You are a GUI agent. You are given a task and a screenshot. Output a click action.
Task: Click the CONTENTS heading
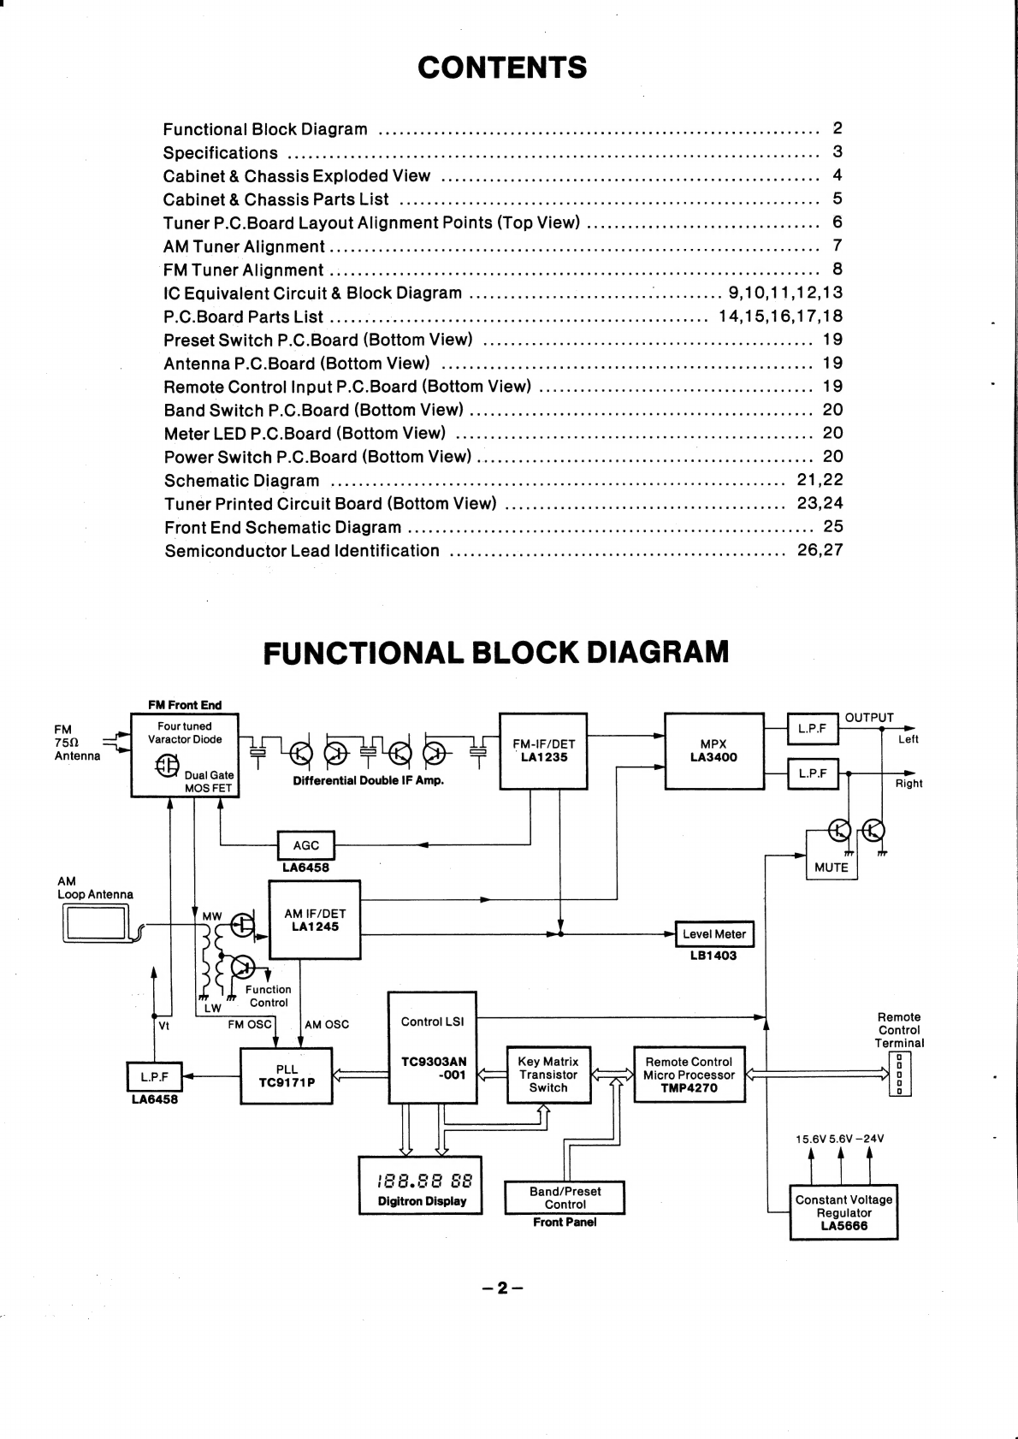point(502,68)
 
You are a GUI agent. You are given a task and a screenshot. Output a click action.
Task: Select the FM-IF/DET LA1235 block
point(543,751)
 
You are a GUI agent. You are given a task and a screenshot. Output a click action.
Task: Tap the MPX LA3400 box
point(714,751)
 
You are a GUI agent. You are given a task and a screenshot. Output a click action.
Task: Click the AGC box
point(305,845)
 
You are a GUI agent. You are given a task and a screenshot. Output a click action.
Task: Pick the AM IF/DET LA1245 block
point(314,920)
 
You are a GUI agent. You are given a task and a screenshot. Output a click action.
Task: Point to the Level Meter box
point(714,934)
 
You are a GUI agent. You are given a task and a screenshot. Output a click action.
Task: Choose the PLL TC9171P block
point(287,1076)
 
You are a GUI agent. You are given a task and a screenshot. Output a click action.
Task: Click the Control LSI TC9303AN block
point(432,1048)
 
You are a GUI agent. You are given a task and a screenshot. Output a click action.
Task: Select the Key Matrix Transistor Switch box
point(548,1075)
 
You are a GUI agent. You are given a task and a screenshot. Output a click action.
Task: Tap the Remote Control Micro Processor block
point(690,1075)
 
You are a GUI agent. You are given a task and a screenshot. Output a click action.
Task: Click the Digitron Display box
point(421,1185)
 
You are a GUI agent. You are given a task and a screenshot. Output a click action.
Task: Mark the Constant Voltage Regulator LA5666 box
point(844,1212)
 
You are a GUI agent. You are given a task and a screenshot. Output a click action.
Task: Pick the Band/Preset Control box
point(565,1198)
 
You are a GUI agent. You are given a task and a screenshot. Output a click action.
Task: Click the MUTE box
point(832,855)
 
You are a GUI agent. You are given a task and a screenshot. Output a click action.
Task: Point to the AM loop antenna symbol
point(97,923)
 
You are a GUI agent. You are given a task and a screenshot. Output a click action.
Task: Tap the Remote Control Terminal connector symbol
point(900,1074)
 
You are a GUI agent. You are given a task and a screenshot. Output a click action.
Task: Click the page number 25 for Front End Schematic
point(833,526)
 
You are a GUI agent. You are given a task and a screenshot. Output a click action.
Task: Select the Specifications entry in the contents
point(221,153)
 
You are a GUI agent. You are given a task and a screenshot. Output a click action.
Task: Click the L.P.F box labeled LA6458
point(155,1076)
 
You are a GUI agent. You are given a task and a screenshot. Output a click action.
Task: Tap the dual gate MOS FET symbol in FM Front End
point(167,765)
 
